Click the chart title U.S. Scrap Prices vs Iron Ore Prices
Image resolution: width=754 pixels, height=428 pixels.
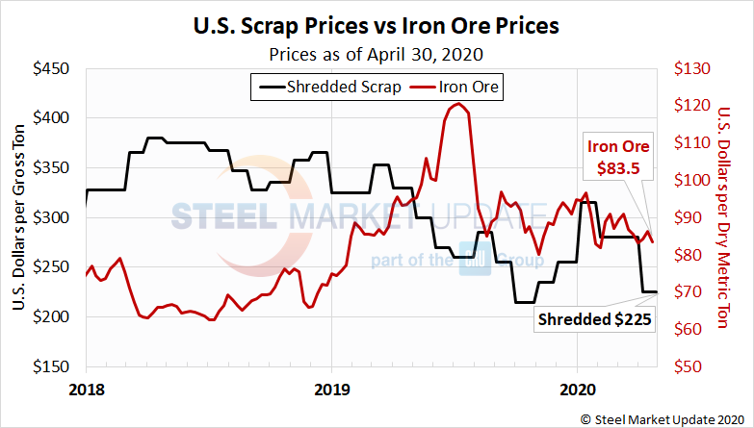tap(377, 23)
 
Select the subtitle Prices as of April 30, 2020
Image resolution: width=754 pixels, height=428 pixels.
tap(377, 53)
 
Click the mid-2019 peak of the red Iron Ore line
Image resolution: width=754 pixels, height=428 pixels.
tap(458, 104)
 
